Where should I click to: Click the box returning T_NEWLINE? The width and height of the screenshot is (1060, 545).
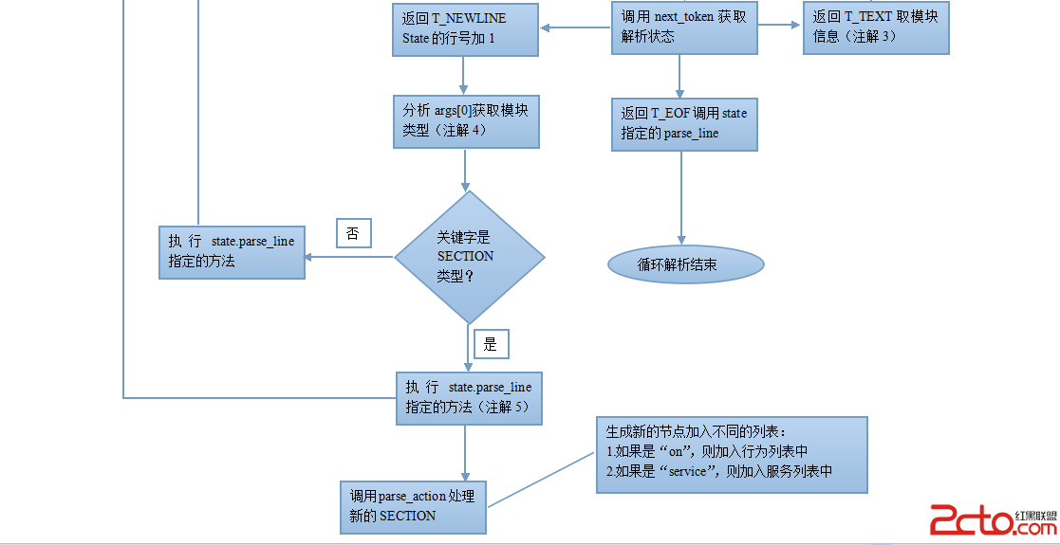tap(464, 29)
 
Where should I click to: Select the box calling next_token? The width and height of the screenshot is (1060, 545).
tap(684, 27)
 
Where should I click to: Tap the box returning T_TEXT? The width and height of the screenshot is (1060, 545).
tap(876, 27)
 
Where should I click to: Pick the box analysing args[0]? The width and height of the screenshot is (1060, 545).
tap(466, 121)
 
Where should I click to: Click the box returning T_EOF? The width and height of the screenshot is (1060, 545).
tap(684, 124)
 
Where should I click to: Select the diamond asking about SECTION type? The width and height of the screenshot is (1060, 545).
tap(469, 257)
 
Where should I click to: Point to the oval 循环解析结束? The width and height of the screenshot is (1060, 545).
tap(686, 265)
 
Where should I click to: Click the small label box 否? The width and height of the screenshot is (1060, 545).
tap(353, 233)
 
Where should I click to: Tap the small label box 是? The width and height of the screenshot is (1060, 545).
tap(491, 344)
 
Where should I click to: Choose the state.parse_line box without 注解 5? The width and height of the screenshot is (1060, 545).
tap(232, 251)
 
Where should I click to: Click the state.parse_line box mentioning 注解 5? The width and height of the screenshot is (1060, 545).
tap(469, 398)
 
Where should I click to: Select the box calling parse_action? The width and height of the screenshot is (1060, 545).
tap(413, 506)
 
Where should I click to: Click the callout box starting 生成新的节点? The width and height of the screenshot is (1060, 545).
tap(731, 454)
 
